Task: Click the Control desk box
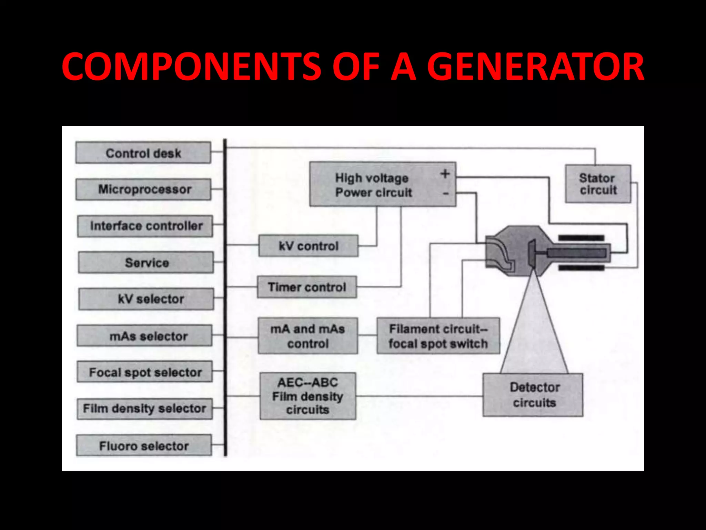(x=143, y=153)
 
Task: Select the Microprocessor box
(x=143, y=189)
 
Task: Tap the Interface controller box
(x=145, y=226)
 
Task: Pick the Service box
(x=146, y=263)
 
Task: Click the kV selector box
(x=146, y=299)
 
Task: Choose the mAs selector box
(x=144, y=336)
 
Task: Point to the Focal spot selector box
(x=144, y=372)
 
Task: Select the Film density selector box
(x=144, y=409)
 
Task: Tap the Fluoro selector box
(x=144, y=445)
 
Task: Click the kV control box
(x=308, y=246)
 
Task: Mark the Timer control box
(x=307, y=287)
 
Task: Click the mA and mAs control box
(x=307, y=336)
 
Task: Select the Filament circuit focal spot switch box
(x=438, y=336)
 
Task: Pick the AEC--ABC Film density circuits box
(x=307, y=396)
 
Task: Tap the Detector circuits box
(x=533, y=395)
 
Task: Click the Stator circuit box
(x=598, y=184)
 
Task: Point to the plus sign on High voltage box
(x=445, y=174)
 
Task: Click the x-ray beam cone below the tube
(x=534, y=331)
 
